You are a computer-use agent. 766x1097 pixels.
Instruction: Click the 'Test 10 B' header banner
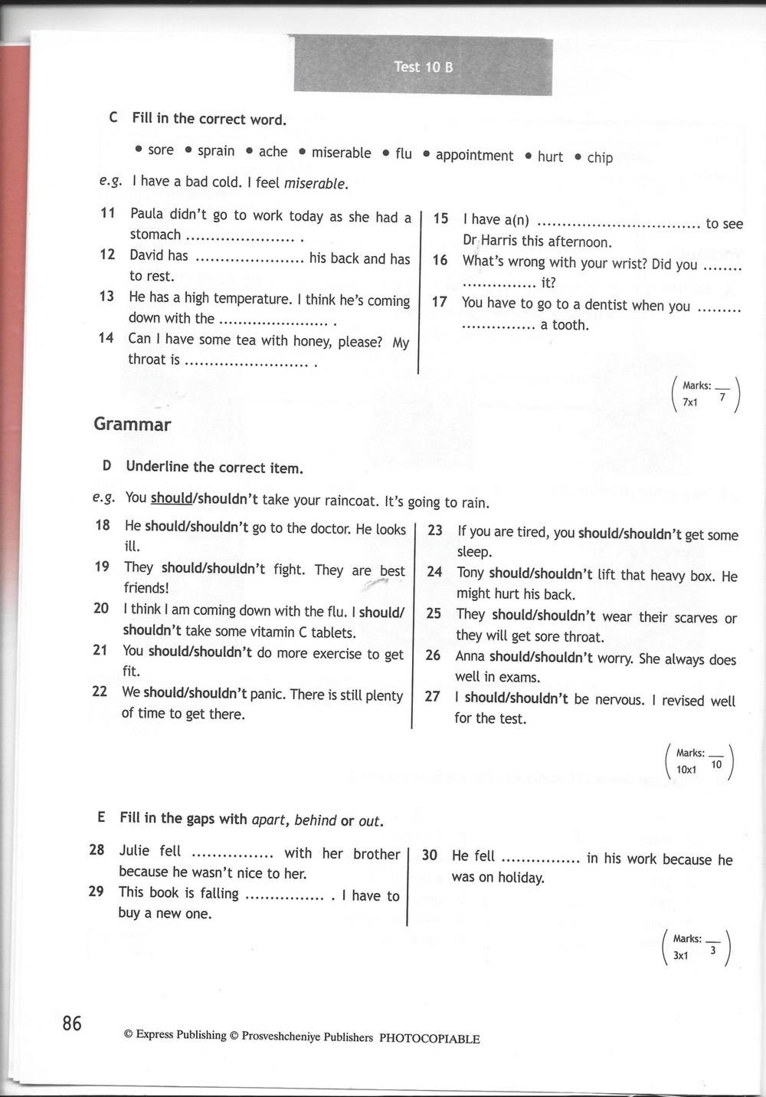424,67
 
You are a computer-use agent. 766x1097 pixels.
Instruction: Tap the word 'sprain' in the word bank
216,151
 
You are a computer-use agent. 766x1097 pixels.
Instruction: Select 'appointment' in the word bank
474,156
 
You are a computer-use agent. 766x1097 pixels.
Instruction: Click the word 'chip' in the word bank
600,158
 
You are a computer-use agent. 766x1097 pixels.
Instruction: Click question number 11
108,213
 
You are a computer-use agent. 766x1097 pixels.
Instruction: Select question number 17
439,302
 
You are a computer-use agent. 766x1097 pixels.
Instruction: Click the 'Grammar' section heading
133,424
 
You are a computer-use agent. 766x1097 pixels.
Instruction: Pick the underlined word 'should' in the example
171,498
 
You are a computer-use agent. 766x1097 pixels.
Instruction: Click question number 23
435,530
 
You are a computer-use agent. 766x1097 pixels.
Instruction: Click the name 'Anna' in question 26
470,656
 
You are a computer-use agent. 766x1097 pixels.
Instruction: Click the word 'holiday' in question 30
521,878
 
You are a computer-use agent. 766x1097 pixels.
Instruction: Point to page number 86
72,1023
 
